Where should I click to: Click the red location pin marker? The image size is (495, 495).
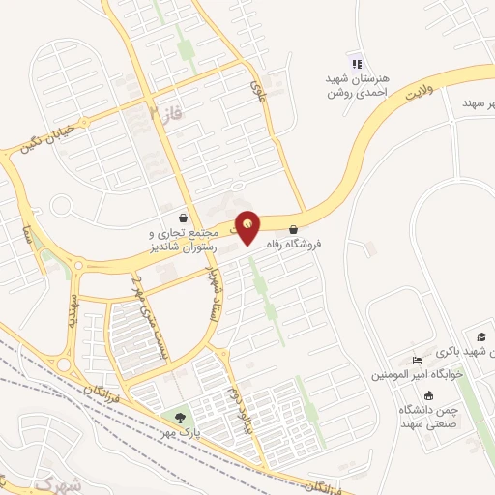pos(248,226)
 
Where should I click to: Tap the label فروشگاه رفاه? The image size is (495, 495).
pos(320,245)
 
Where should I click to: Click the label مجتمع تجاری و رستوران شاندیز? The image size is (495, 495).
pos(183,241)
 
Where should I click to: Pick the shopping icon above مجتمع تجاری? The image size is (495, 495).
pos(184,218)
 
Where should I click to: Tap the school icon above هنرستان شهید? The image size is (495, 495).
pos(356,60)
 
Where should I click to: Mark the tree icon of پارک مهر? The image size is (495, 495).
pos(180,418)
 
